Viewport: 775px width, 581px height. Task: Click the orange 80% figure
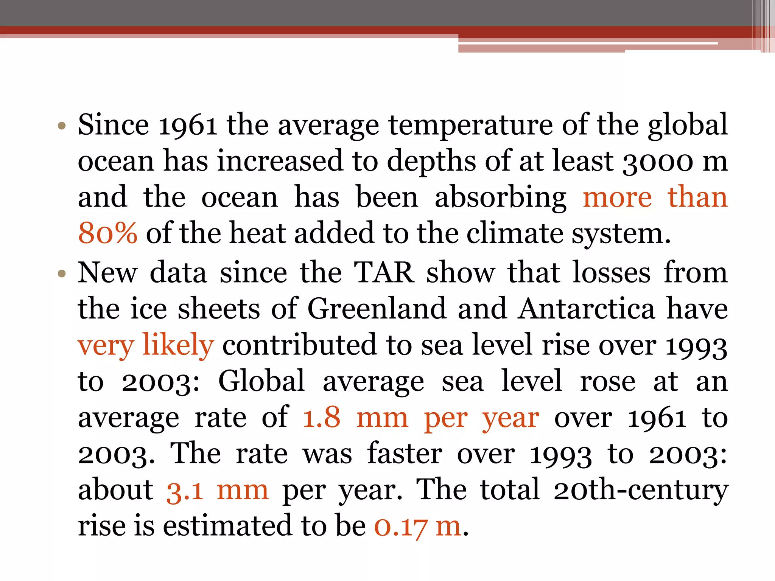point(107,233)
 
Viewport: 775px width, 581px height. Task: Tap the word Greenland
point(377,309)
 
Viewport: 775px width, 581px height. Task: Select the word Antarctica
point(587,309)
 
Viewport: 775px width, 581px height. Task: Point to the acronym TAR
point(384,272)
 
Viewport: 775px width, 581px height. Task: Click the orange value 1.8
point(321,418)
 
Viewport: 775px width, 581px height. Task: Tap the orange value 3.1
point(185,490)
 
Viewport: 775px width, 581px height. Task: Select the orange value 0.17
point(401,527)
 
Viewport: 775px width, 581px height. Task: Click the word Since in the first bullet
point(114,125)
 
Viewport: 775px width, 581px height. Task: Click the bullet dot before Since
point(62,126)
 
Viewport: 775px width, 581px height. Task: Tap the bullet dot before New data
point(62,273)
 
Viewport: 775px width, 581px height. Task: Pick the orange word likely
point(178,345)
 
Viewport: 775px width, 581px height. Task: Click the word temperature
point(471,125)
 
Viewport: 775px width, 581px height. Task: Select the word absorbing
point(500,197)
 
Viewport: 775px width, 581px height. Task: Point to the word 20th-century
point(640,490)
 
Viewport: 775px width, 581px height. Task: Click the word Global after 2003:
point(261,381)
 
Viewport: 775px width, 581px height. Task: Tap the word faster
point(404,454)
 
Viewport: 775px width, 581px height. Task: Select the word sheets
point(219,309)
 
